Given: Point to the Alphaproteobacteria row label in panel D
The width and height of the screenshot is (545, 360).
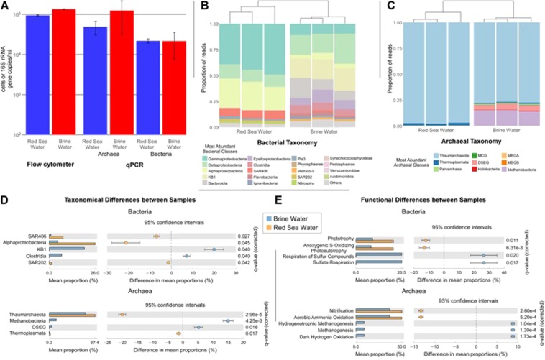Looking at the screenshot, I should tap(27, 243).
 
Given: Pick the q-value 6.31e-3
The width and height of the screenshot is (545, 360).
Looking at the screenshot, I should tap(517, 247).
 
